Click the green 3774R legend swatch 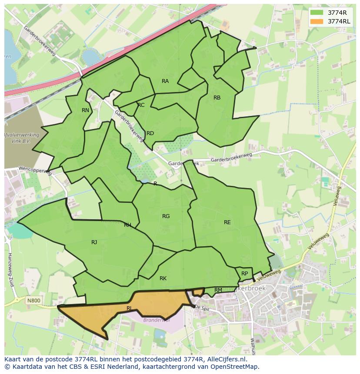tap(317, 13)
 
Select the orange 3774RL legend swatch tap(317, 21)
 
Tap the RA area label tap(165, 81)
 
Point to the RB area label tap(217, 98)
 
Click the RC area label tap(141, 105)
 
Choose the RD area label tap(150, 133)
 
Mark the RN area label tap(85, 110)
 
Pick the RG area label tap(166, 216)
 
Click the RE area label tap(227, 222)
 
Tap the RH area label tap(127, 225)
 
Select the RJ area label tap(94, 242)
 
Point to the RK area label tap(163, 278)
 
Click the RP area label tap(244, 274)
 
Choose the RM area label tap(218, 290)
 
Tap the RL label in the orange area tap(129, 308)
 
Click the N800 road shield tap(33, 300)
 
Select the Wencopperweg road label tap(34, 170)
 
